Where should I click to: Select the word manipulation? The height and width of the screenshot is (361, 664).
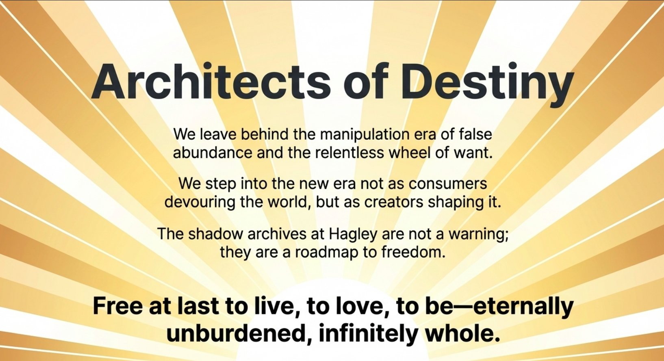click(x=365, y=135)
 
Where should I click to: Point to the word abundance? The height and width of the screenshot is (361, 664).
click(x=213, y=153)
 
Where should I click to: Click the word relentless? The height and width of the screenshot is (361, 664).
click(x=349, y=153)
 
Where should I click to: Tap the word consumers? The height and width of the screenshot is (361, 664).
click(x=447, y=184)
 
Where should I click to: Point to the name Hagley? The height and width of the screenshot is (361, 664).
click(x=353, y=235)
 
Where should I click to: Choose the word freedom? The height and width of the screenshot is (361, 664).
click(x=413, y=252)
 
